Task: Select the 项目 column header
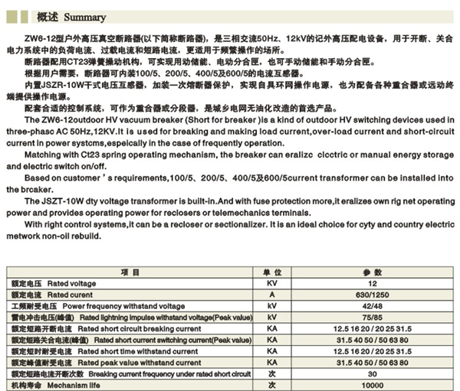point(130,272)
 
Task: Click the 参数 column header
point(371,272)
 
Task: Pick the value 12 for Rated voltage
point(371,283)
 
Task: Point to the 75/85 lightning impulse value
point(371,317)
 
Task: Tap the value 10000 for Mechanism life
point(371,385)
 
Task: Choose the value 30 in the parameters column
point(371,373)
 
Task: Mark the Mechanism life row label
point(61,385)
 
